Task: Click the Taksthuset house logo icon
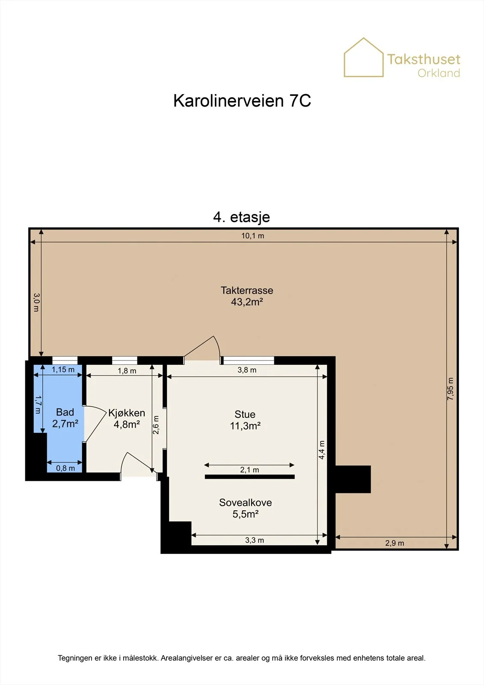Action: (364, 57)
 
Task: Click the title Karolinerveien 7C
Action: (242, 101)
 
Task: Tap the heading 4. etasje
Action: (241, 217)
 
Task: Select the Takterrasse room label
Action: (247, 290)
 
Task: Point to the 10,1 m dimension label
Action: (252, 236)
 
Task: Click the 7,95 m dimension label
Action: (450, 389)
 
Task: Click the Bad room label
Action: (65, 412)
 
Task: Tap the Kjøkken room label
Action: (127, 413)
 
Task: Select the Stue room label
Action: (245, 414)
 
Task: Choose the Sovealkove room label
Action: (246, 503)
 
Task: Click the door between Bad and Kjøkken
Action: (95, 423)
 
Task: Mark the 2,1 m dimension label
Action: (249, 470)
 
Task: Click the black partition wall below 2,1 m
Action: (249, 477)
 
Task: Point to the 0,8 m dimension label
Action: (65, 468)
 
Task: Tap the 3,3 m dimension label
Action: (254, 540)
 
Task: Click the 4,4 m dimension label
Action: (321, 450)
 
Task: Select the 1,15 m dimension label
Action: (63, 369)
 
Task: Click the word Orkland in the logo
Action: (439, 73)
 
